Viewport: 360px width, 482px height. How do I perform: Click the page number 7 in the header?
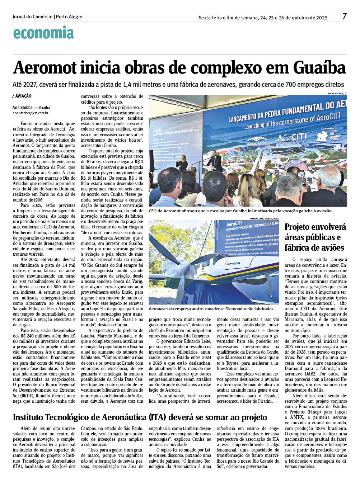pyautogui.click(x=344, y=16)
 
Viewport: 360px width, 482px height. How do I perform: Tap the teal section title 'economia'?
pyautogui.click(x=43, y=33)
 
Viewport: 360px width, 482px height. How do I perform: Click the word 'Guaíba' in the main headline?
pyautogui.click(x=319, y=68)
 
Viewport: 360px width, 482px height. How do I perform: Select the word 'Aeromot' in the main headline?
pyautogui.click(x=45, y=68)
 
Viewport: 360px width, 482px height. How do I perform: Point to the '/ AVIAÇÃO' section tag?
pyautogui.click(x=22, y=96)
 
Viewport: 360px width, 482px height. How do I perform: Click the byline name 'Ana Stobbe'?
pyautogui.click(x=22, y=107)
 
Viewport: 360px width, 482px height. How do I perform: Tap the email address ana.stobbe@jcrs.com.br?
pyautogui.click(x=30, y=113)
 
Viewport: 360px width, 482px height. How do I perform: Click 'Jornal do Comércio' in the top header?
pyautogui.click(x=32, y=17)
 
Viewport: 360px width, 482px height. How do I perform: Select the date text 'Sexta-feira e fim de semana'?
pyautogui.click(x=228, y=18)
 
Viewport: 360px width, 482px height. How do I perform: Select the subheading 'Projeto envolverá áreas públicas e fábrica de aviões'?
pyautogui.click(x=315, y=237)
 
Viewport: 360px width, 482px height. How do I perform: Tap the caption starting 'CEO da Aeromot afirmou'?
pyautogui.click(x=240, y=211)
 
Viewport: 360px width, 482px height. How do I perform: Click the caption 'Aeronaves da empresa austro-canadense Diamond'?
pyautogui.click(x=211, y=309)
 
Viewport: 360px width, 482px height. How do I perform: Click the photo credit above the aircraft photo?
pyautogui.click(x=264, y=218)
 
